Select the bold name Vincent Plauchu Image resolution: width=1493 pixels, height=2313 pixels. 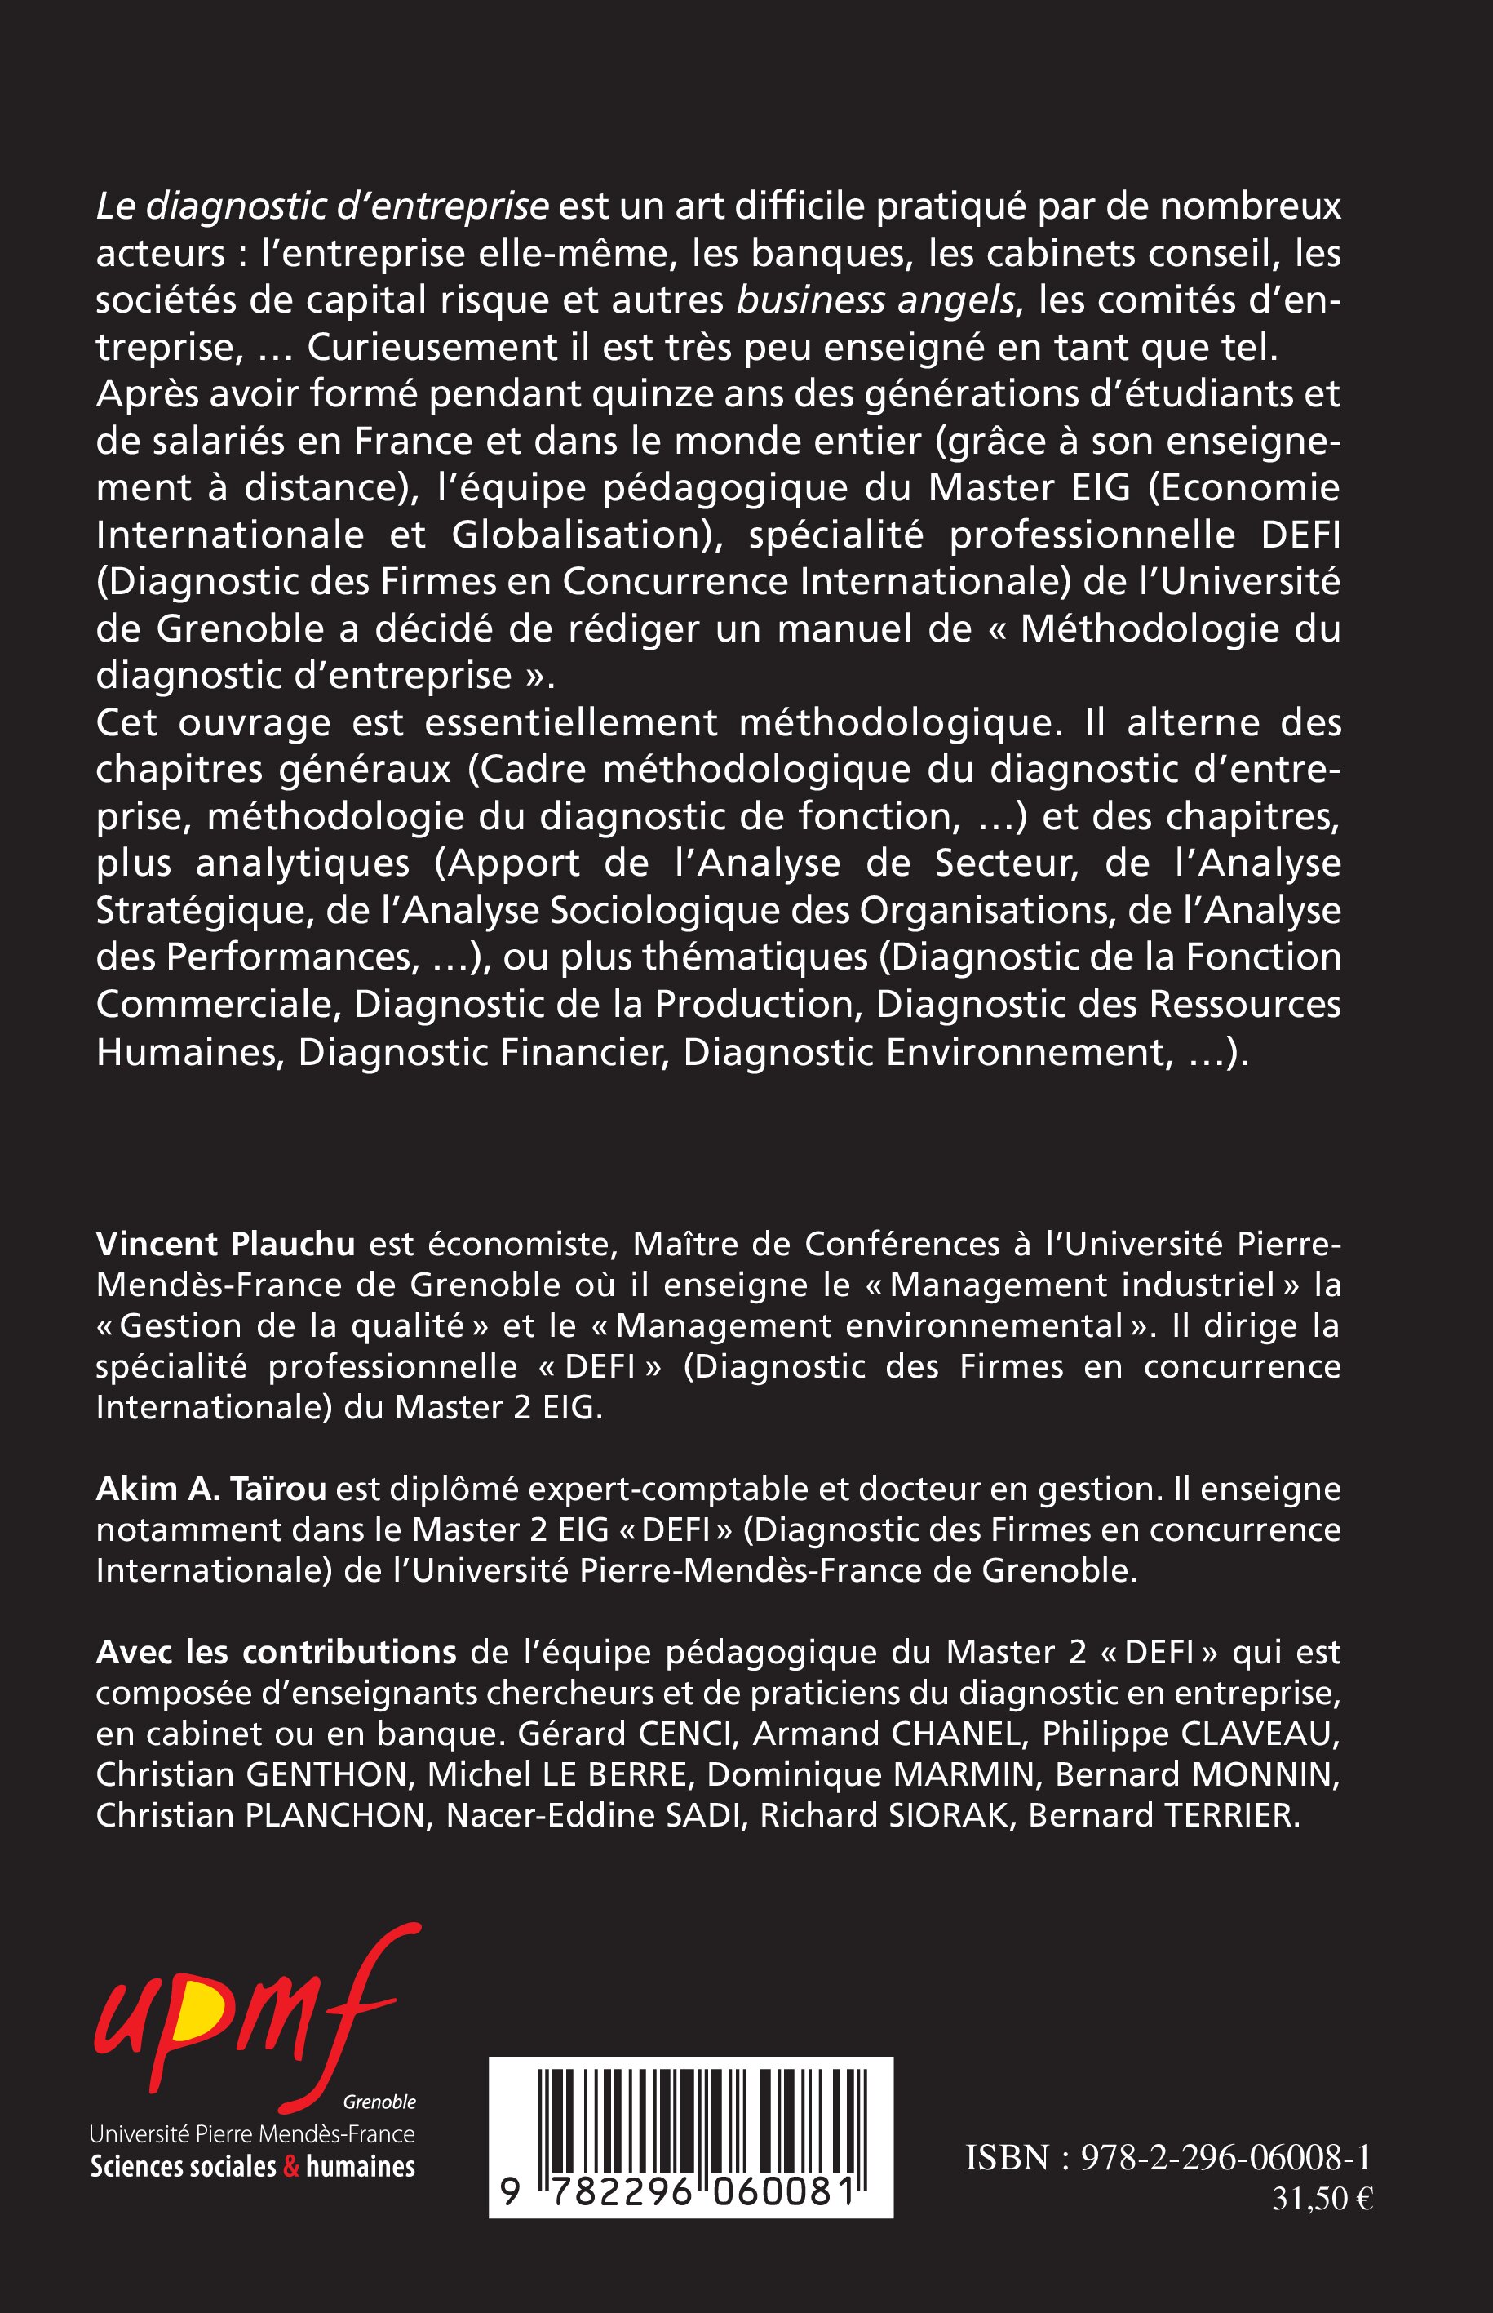(x=226, y=1243)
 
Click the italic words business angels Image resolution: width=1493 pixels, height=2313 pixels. (x=875, y=300)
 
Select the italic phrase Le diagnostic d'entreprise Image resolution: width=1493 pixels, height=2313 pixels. (x=323, y=206)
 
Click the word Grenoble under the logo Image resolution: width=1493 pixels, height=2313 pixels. (x=379, y=2102)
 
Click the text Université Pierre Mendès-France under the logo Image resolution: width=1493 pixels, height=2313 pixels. (x=252, y=2133)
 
